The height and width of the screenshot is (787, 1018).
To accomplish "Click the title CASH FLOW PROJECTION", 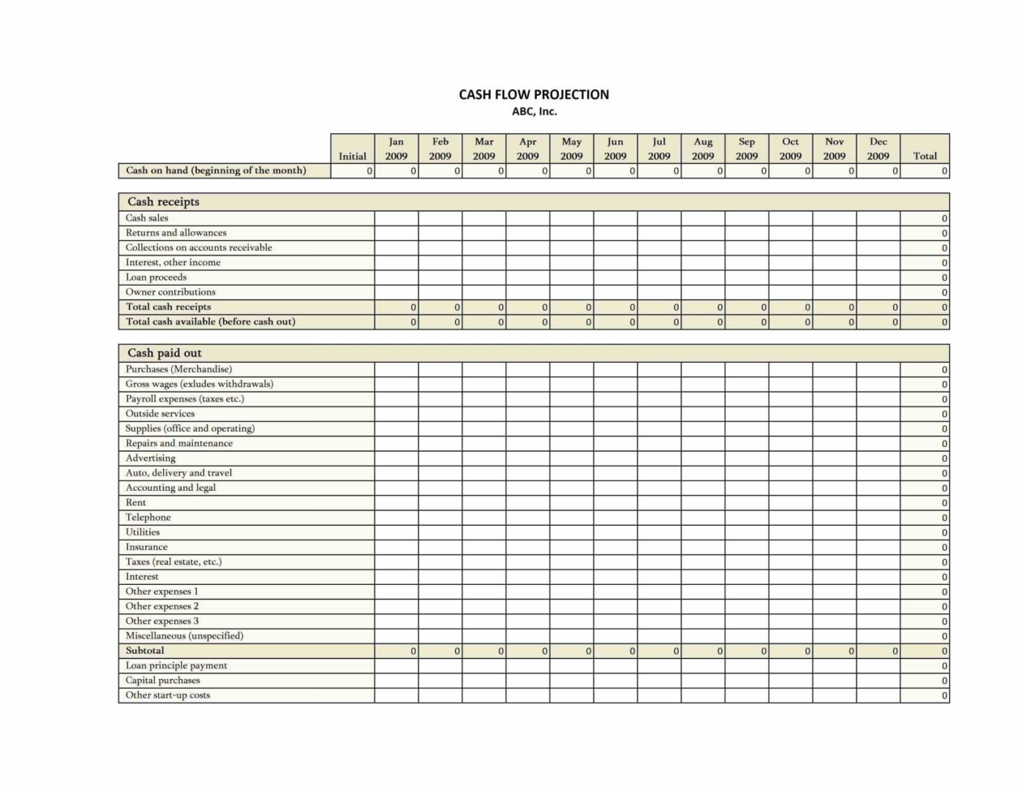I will pos(534,94).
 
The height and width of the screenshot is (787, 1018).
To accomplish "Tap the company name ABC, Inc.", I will pos(534,112).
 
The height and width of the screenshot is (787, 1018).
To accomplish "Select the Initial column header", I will pos(352,156).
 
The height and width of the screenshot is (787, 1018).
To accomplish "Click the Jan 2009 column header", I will pos(397,148).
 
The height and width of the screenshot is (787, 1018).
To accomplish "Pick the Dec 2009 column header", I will pos(878,148).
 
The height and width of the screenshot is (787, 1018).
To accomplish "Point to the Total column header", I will pos(925,156).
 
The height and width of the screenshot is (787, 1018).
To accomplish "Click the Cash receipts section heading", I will pos(163,201).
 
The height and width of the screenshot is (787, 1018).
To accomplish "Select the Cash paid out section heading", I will pos(165,353).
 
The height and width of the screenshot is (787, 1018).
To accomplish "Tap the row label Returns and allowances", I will pos(176,233).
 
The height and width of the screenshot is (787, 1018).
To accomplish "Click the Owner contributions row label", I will pos(170,292).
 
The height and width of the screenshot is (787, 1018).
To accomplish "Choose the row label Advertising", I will pos(150,458).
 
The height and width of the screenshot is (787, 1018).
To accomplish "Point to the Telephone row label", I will pos(148,518).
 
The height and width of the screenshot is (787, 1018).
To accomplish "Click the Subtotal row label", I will pos(144,651).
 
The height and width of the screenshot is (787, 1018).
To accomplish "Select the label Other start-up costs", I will pos(167,695).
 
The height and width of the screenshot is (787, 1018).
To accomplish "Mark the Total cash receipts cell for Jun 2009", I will pos(615,307).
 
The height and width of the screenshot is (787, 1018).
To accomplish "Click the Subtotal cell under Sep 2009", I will pos(746,651).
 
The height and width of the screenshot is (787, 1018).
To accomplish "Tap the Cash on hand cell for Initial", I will pos(352,171).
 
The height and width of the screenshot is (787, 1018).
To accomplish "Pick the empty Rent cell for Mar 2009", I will pos(484,503).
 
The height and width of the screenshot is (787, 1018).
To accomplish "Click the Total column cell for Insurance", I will pos(925,548).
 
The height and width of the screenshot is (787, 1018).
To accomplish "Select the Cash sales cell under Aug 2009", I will pos(702,218).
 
